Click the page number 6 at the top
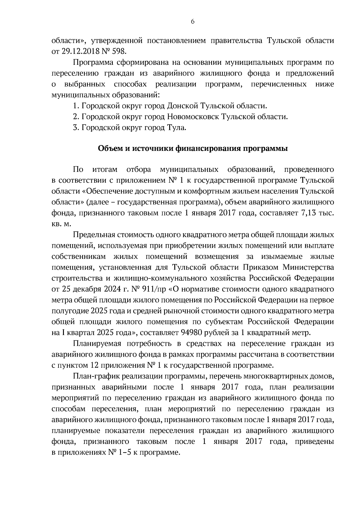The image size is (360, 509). point(192,21)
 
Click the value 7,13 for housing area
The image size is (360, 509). point(308,213)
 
